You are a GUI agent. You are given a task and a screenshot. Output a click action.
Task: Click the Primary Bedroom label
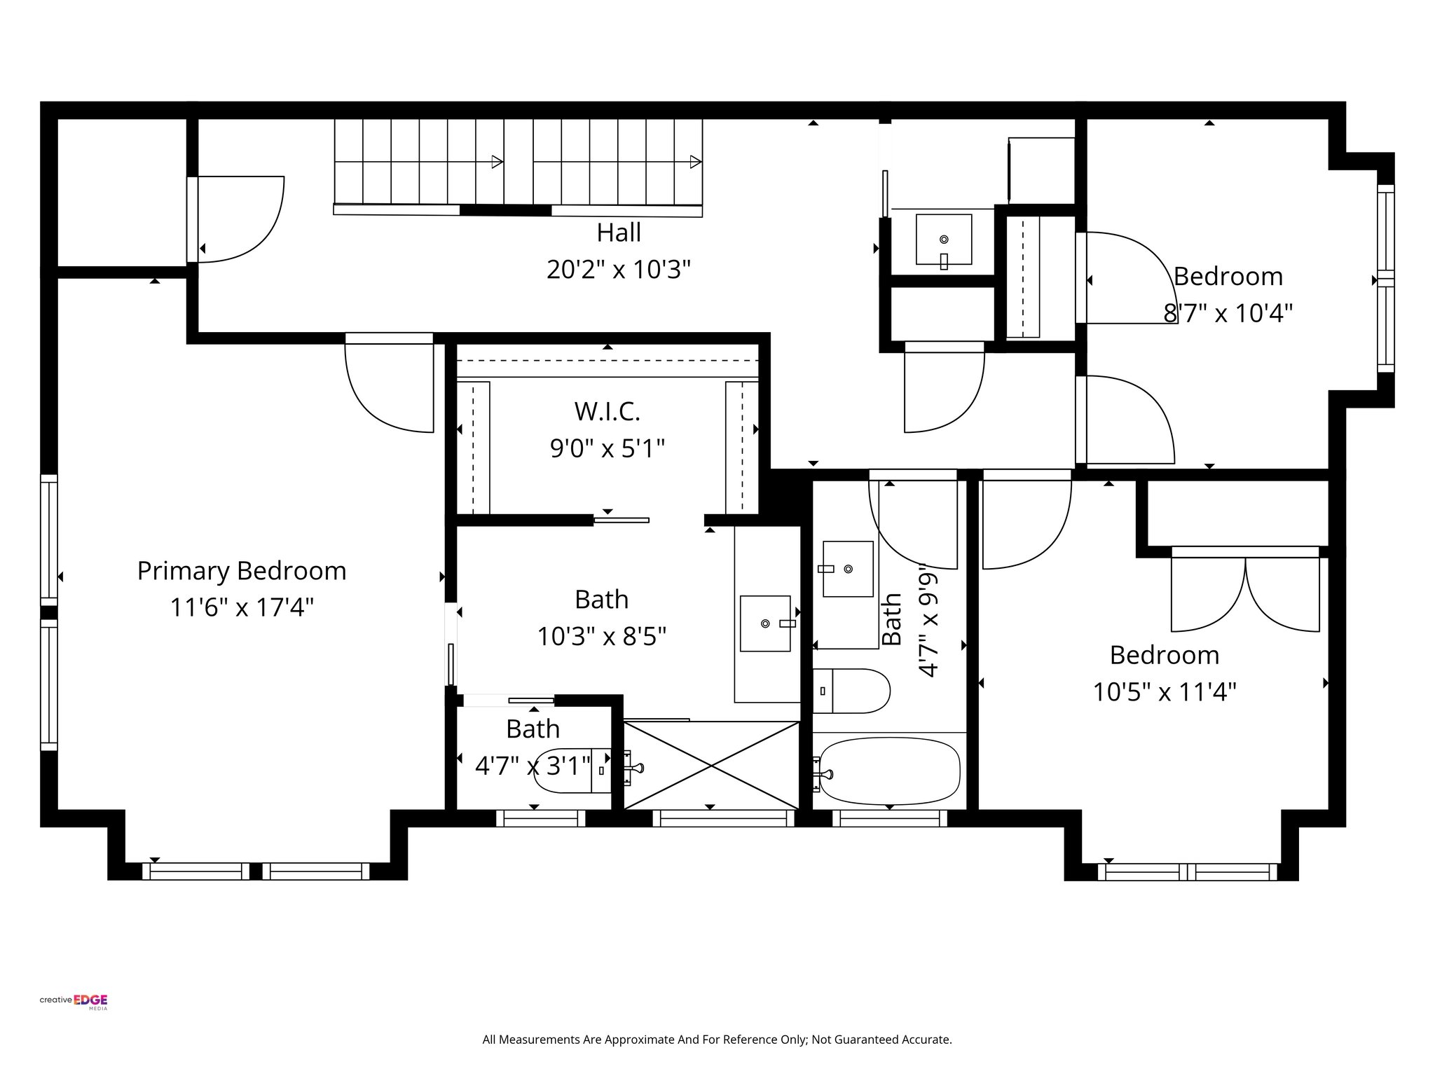[x=242, y=571]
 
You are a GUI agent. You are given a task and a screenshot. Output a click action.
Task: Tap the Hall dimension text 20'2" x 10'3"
[x=619, y=270]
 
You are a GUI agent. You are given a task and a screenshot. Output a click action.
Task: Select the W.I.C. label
[x=607, y=412]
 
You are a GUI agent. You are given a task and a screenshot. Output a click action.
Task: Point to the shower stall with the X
[x=711, y=765]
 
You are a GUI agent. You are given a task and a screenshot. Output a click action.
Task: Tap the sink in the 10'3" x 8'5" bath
[x=765, y=623]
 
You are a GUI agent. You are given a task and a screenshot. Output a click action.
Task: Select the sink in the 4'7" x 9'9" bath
[x=848, y=569]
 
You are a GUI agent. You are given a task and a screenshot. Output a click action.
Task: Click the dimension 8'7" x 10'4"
[x=1228, y=313]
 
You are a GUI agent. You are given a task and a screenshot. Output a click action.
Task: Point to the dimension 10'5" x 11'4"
[x=1165, y=693]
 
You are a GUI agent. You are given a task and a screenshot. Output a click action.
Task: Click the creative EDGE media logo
[x=74, y=1002]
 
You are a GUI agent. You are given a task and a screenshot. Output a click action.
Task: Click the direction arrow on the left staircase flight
[x=497, y=162]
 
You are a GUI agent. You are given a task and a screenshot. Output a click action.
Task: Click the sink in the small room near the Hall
[x=944, y=240]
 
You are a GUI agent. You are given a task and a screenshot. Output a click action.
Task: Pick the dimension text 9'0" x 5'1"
[x=607, y=448]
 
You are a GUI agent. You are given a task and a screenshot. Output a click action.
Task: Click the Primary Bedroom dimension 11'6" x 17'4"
[x=242, y=607]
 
